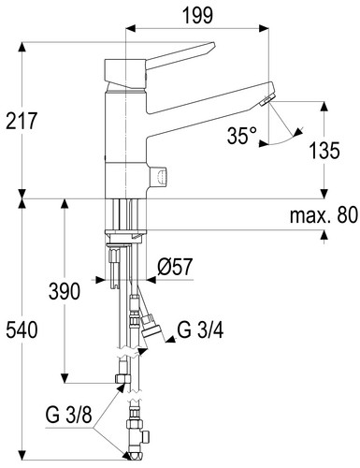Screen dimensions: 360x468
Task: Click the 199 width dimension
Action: tap(197, 15)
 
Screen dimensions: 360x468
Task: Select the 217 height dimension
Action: tap(22, 121)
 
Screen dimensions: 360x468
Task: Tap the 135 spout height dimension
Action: tap(324, 151)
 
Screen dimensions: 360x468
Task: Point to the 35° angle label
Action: tap(242, 136)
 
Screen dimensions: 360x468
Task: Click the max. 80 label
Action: tap(324, 215)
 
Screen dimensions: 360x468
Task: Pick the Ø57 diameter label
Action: tap(175, 267)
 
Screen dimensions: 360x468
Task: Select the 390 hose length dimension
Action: tap(65, 291)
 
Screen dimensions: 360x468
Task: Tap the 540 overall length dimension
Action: tap(22, 330)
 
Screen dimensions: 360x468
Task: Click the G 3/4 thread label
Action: tap(200, 330)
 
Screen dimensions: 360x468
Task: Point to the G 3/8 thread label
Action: tap(69, 415)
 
